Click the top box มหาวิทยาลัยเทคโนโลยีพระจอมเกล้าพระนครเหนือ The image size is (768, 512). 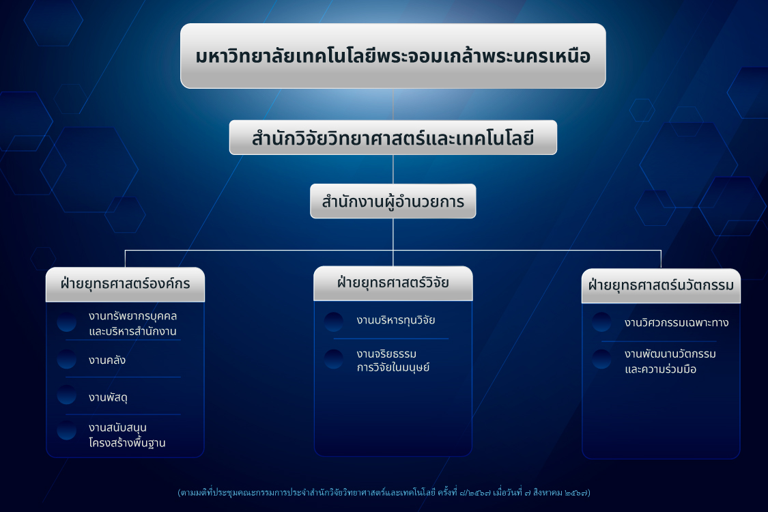[x=393, y=56]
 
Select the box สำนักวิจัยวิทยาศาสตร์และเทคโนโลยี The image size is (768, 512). [x=393, y=138]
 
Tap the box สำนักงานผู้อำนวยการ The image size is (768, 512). [x=393, y=201]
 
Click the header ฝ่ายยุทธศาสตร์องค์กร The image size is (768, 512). [x=125, y=284]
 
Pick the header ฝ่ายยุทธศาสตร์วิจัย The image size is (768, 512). [x=393, y=283]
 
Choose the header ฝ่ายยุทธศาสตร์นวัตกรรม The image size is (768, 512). [x=661, y=285]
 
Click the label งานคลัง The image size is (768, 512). [x=106, y=360]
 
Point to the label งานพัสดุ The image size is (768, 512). [x=108, y=397]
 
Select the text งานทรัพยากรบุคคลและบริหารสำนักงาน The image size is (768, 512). [x=132, y=324]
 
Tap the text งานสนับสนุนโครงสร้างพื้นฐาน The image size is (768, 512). [x=127, y=435]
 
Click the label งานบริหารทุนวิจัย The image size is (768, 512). [x=396, y=320]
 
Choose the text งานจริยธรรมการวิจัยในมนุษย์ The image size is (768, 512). [x=393, y=360]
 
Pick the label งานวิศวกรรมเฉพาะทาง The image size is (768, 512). [x=677, y=323]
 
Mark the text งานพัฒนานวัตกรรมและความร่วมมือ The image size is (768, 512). [x=670, y=361]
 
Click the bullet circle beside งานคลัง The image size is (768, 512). [x=67, y=359]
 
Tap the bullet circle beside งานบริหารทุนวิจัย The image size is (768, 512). [x=334, y=322]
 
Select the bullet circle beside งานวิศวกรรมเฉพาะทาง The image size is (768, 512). [x=601, y=322]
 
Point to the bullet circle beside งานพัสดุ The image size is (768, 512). [x=67, y=395]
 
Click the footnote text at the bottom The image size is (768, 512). [x=384, y=492]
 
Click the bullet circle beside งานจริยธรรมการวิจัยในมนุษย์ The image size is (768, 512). [x=334, y=359]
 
